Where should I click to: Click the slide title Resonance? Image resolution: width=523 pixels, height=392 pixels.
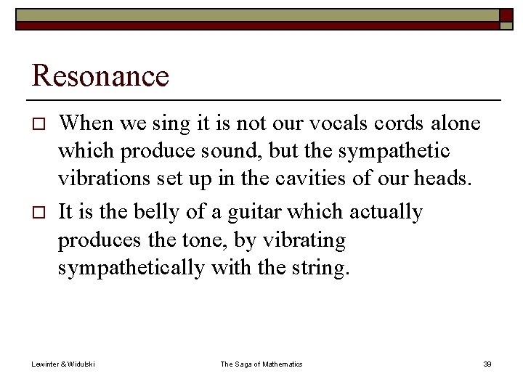coord(101,76)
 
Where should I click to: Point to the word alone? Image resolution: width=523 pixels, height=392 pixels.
coord(450,124)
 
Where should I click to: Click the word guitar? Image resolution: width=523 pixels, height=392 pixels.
coord(254,213)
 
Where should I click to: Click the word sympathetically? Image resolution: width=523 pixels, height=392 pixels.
coord(131,268)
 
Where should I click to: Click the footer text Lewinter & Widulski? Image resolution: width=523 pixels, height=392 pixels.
coord(63,364)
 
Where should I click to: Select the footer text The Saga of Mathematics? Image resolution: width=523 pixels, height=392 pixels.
coord(261,364)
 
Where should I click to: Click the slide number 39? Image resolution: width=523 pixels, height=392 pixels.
coord(487,364)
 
